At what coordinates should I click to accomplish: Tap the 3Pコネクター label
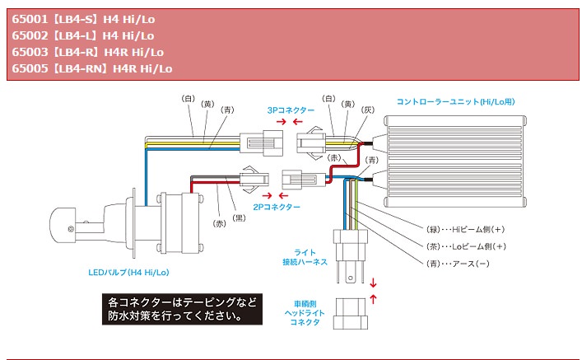(291, 110)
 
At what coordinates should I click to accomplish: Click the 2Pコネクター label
(276, 207)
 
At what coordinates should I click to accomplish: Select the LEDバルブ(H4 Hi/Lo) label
(128, 270)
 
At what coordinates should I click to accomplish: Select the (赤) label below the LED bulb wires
(219, 223)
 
